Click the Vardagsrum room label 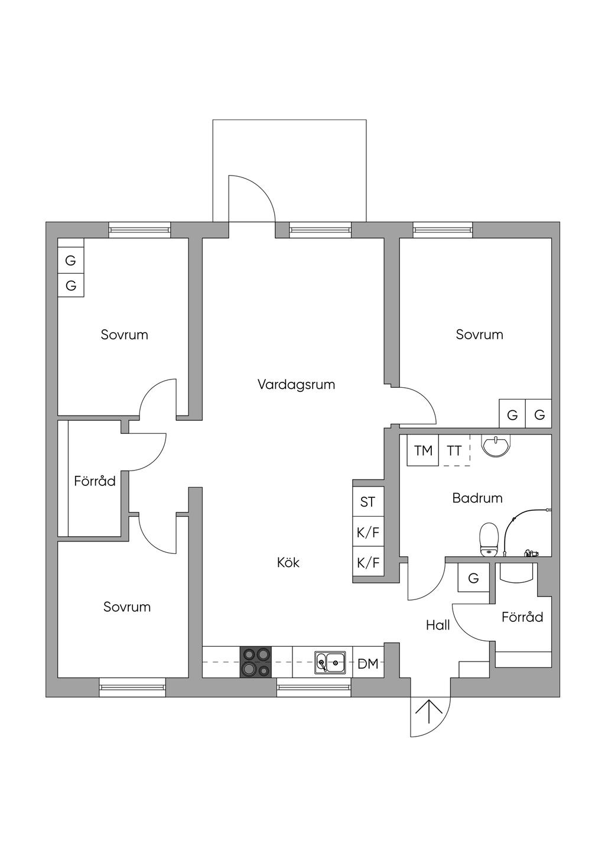pyautogui.click(x=296, y=385)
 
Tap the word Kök pyautogui.click(x=288, y=562)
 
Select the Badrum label pyautogui.click(x=477, y=498)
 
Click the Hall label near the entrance pyautogui.click(x=438, y=625)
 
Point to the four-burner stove pyautogui.click(x=256, y=662)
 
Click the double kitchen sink pyautogui.click(x=330, y=662)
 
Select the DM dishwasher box pyautogui.click(x=367, y=663)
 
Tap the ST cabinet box pyautogui.click(x=367, y=502)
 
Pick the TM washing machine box pyautogui.click(x=423, y=451)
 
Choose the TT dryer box pyautogui.click(x=454, y=451)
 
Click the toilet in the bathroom pyautogui.click(x=488, y=539)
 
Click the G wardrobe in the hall pyautogui.click(x=473, y=578)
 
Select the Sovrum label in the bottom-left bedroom pyautogui.click(x=127, y=607)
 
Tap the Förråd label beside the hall pyautogui.click(x=522, y=617)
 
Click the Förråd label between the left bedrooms pyautogui.click(x=95, y=481)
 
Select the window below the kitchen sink pyautogui.click(x=314, y=687)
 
